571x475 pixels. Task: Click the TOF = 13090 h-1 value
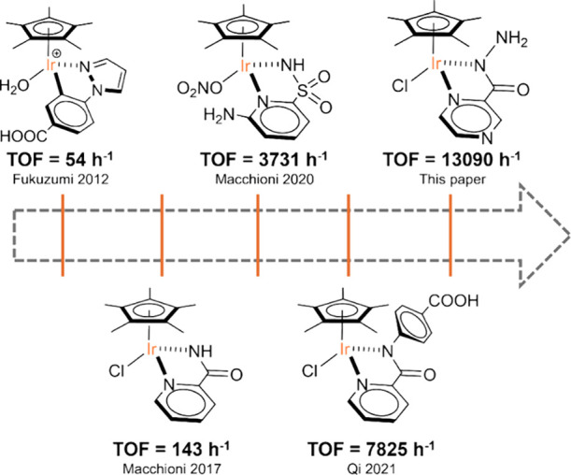click(450, 158)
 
